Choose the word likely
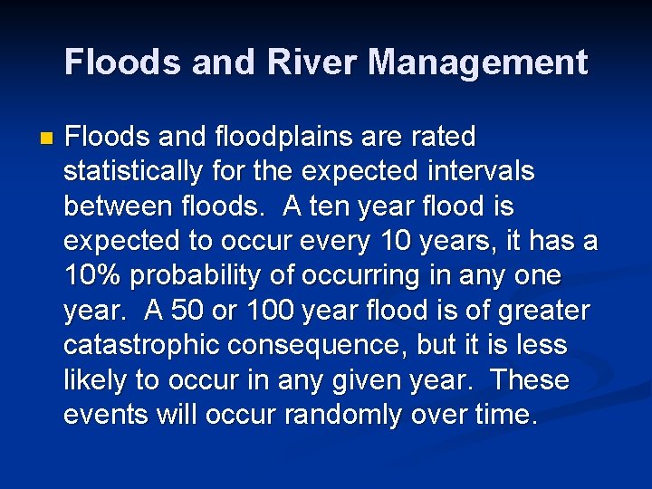98,380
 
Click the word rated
441,137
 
